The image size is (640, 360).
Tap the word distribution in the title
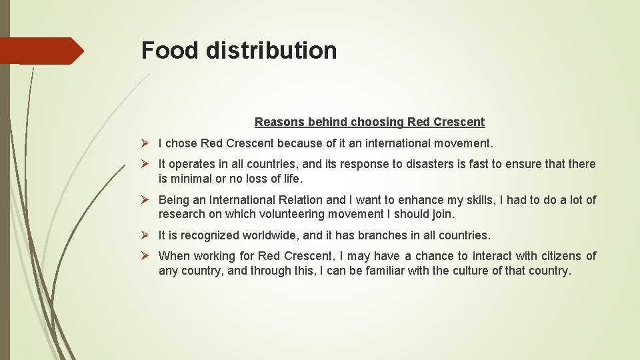pos(271,51)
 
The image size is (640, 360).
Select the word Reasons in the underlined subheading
pos(277,122)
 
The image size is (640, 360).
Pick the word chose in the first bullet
pos(180,143)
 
